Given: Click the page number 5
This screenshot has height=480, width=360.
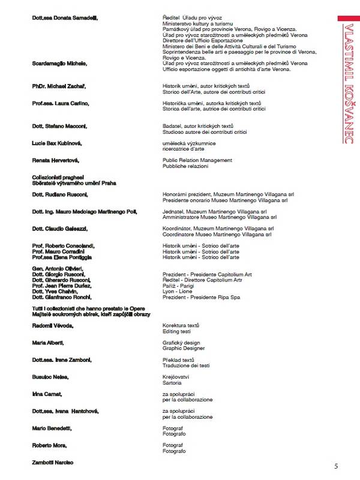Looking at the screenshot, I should (x=336, y=466).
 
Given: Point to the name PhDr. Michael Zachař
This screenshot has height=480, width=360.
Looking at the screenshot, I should (x=59, y=86).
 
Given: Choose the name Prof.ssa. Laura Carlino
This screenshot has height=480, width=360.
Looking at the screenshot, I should (x=61, y=103).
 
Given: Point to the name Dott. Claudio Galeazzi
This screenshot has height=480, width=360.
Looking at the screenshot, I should (x=61, y=229).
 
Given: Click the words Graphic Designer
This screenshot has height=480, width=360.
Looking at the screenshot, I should (x=184, y=348).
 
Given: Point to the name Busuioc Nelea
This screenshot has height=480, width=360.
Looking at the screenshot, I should (x=50, y=377).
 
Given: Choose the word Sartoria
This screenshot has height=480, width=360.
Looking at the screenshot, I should (x=173, y=382).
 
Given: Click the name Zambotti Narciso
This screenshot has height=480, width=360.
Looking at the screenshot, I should (x=52, y=463).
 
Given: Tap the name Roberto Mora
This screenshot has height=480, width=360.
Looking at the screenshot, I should (x=50, y=445).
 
